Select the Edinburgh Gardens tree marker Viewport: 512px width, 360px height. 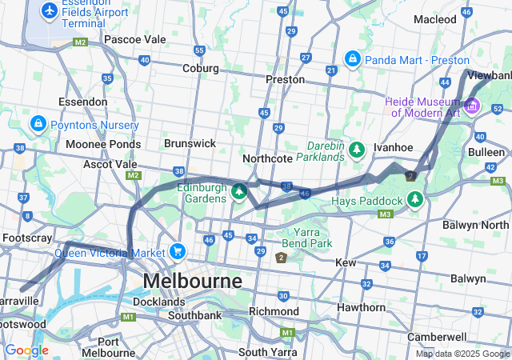point(238,191)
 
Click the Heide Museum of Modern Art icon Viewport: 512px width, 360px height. point(472,106)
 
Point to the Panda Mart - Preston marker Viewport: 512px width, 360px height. point(352,59)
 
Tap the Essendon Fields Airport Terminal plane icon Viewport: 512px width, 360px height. point(50,11)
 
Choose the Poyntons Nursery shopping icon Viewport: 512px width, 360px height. point(38,125)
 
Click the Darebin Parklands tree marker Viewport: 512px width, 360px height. point(357,150)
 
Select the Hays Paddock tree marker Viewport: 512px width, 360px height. point(415,199)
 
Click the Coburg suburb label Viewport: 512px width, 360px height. point(200,68)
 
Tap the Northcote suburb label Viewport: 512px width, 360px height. point(267,158)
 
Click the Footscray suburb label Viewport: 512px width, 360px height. point(27,238)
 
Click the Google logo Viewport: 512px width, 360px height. point(26,350)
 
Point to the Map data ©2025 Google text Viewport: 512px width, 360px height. point(462,354)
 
